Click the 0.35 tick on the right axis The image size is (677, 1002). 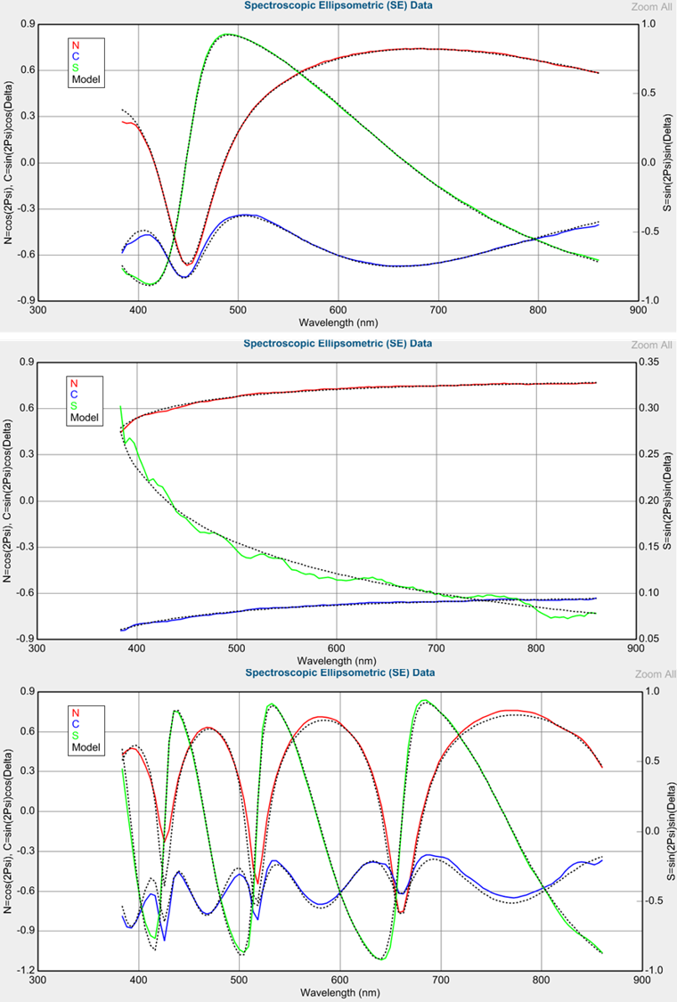(654, 363)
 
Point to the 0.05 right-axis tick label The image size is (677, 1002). (654, 639)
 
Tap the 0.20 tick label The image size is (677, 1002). (654, 501)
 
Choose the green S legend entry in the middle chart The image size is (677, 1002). (74, 405)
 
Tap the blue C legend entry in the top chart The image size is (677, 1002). (75, 55)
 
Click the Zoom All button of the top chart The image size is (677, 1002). (652, 7)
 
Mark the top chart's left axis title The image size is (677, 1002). (8, 162)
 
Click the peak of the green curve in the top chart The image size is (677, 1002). (227, 35)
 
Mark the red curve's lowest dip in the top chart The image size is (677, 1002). (188, 264)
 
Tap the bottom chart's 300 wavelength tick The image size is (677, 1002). (37, 979)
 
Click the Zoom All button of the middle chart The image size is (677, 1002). (652, 345)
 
